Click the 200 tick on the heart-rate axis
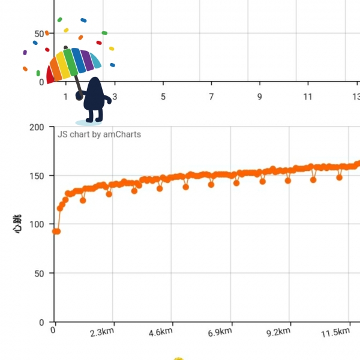coord(37,127)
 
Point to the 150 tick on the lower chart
coord(37,176)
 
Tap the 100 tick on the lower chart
coord(37,224)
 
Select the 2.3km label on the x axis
coord(103,332)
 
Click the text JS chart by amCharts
coord(99,134)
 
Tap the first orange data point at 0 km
coord(55,231)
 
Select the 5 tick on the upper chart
coord(163,97)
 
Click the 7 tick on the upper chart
coord(211,97)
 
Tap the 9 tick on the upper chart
coord(260,97)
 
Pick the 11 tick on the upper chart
coord(308,97)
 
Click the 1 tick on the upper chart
coord(65,97)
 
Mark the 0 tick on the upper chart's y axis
coord(40,82)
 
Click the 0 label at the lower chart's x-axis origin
coord(55,329)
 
